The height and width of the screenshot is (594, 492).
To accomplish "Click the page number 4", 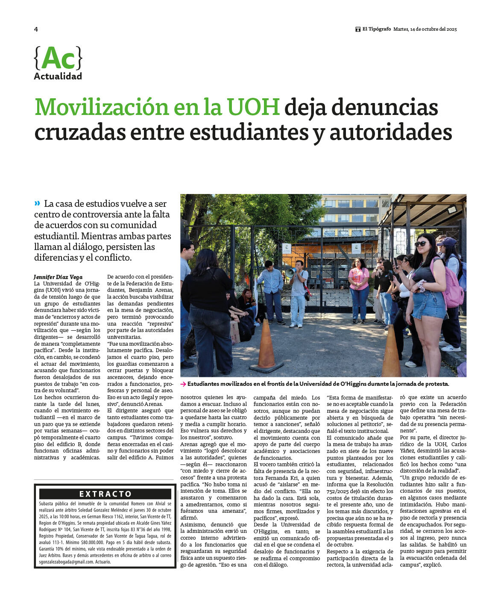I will coord(36,29).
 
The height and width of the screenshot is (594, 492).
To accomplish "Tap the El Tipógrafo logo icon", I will coord(358,29).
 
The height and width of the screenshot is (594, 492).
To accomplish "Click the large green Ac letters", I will coord(58,58).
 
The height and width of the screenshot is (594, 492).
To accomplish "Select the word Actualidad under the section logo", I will coord(58,76).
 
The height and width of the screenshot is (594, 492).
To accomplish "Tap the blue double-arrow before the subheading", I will coord(38,203).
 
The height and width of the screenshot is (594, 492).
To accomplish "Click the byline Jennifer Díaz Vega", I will coord(58,277).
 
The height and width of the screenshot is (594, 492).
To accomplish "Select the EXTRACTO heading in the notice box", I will coord(105,494).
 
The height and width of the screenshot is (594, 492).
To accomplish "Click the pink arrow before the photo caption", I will coord(183,384).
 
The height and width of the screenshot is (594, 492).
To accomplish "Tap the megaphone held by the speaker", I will coord(290,272).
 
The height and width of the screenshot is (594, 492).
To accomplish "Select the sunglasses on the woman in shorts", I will coord(421,244).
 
